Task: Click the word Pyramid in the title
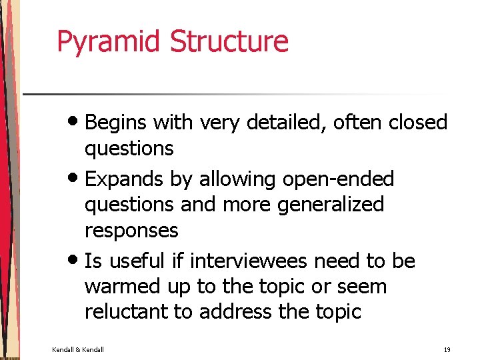click(110, 41)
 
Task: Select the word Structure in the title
click(229, 41)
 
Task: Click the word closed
click(418, 123)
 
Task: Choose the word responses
click(131, 231)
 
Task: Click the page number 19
click(447, 350)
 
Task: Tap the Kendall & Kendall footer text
click(78, 350)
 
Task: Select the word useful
click(143, 261)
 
